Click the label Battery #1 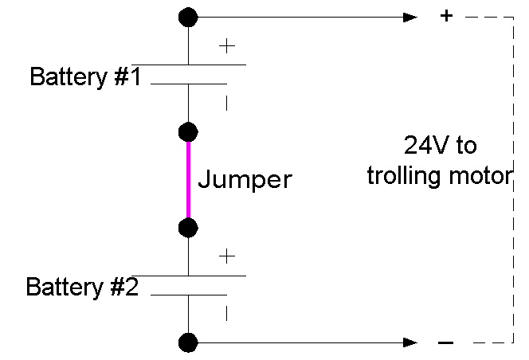pos(85,77)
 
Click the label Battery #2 pos(83,287)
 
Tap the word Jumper pos(245,179)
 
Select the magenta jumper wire pos(189,179)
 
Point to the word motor pos(476,176)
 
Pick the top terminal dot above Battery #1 pos(189,16)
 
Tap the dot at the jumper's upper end pos(189,131)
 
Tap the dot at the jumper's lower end pos(189,228)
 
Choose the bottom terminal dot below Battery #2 pos(189,342)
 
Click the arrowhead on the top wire pos(409,16)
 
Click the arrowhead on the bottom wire pos(409,342)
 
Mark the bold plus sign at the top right pos(447,16)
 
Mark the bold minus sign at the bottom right pos(447,343)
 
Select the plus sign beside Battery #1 pos(227,46)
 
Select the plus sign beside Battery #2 pos(227,256)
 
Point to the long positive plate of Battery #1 pos(189,64)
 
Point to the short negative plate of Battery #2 pos(189,294)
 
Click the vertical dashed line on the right pos(510,179)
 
